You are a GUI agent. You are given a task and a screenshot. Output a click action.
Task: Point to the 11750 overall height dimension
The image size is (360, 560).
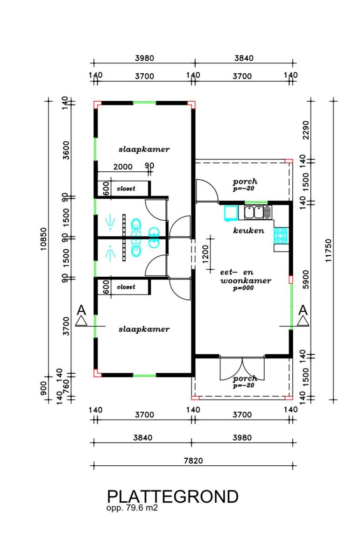pos(328,251)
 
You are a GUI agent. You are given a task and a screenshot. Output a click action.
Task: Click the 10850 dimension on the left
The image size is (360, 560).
pos(43,239)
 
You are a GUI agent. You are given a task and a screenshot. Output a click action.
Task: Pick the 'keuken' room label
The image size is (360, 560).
pos(248,230)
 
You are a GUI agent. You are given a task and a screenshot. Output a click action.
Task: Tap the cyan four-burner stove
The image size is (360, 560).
pos(281,236)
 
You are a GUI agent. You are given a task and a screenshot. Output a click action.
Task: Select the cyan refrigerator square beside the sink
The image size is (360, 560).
pos(231,213)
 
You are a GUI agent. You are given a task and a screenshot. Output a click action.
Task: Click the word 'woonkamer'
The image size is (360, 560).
pos(246,280)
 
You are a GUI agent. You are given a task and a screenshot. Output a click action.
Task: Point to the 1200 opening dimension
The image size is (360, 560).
pos(205,254)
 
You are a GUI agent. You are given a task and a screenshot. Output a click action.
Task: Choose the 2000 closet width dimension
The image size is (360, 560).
pos(123,167)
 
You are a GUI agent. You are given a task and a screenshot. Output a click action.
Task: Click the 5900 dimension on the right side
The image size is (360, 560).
pos(306,279)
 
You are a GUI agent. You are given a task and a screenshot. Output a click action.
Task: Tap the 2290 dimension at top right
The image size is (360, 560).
pos(306,130)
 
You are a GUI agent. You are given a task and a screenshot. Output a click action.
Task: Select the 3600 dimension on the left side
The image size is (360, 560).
pos(66,150)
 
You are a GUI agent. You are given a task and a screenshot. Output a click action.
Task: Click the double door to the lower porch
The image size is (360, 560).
pos(242,368)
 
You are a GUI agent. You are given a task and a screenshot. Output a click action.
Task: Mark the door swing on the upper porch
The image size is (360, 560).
pos(207,190)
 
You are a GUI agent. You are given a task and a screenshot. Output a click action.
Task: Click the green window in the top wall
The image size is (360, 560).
pos(144,103)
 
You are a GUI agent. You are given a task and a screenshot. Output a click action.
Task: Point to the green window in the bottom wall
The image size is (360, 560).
pos(144,375)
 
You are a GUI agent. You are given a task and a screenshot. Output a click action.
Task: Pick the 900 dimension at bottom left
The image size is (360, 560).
pos(43,388)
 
